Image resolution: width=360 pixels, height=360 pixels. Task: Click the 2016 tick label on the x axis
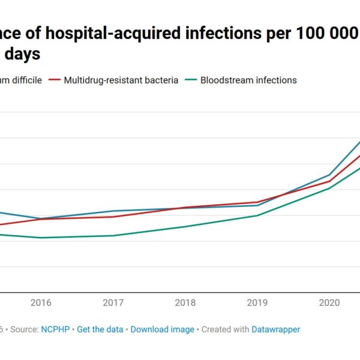pos(41,303)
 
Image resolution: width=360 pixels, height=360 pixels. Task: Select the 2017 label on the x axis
pos(113,303)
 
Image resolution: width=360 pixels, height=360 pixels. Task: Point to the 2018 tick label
pos(185,303)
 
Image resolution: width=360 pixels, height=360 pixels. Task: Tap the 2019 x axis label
pos(257,303)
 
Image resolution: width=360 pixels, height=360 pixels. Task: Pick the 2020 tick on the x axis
pos(329,303)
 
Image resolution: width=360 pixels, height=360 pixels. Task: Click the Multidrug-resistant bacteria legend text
pos(121,80)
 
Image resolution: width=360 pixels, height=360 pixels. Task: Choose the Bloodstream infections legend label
pos(248,80)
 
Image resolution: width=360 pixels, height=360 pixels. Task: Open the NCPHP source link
pos(55,329)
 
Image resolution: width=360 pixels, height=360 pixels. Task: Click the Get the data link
pos(100,329)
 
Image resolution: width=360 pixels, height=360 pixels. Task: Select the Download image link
pos(162,329)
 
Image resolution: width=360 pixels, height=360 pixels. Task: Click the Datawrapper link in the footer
pos(275,329)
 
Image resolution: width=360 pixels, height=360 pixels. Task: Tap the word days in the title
pos(24,54)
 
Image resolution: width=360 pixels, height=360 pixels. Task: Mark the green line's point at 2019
pos(257,215)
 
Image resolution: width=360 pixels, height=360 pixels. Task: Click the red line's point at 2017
pos(113,217)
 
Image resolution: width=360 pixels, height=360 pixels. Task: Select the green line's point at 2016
pos(41,238)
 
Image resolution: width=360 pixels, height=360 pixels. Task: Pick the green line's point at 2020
pos(329,188)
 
